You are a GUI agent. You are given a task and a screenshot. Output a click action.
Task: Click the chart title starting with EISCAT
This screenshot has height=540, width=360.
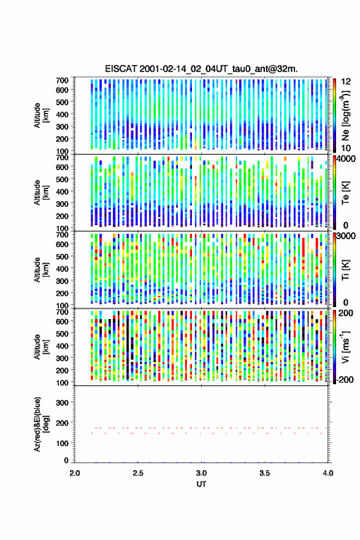pos(201,69)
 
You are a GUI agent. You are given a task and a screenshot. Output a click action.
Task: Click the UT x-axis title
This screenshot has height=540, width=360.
pos(201,484)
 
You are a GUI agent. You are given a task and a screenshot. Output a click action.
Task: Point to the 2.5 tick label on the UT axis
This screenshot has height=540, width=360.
pos(138,473)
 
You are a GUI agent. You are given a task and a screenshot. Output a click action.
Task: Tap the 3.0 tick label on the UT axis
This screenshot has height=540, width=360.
pos(201,473)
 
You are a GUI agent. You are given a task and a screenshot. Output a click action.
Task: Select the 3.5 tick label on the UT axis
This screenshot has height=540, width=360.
pos(265,473)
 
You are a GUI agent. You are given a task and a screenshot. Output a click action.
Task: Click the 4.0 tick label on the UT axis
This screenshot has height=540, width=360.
pos(328,473)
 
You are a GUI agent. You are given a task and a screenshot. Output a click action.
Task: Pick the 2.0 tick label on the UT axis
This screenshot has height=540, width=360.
pos(75,473)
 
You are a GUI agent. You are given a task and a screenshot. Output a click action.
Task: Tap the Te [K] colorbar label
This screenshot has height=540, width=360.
pos(345,193)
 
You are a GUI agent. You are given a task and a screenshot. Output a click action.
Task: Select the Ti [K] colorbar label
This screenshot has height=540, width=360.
pos(345,270)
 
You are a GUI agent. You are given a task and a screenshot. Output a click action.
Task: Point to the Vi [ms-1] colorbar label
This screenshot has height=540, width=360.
pos(345,347)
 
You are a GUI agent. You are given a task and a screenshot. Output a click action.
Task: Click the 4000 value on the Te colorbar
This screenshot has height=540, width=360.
pos(347,159)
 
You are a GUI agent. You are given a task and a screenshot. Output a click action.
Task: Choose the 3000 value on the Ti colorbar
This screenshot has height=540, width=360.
pos(347,236)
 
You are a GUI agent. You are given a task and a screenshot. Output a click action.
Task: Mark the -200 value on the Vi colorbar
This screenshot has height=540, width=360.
pos(345,379)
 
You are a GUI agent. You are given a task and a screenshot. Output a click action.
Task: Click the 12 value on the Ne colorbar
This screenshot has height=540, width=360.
pos(347,82)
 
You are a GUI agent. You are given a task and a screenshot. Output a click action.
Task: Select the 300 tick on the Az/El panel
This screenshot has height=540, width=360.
pos(62,403)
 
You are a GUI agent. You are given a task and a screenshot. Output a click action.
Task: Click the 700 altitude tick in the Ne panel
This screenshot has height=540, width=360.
pos(62,80)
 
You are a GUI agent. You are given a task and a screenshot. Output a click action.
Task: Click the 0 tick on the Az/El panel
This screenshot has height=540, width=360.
pos(66,460)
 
